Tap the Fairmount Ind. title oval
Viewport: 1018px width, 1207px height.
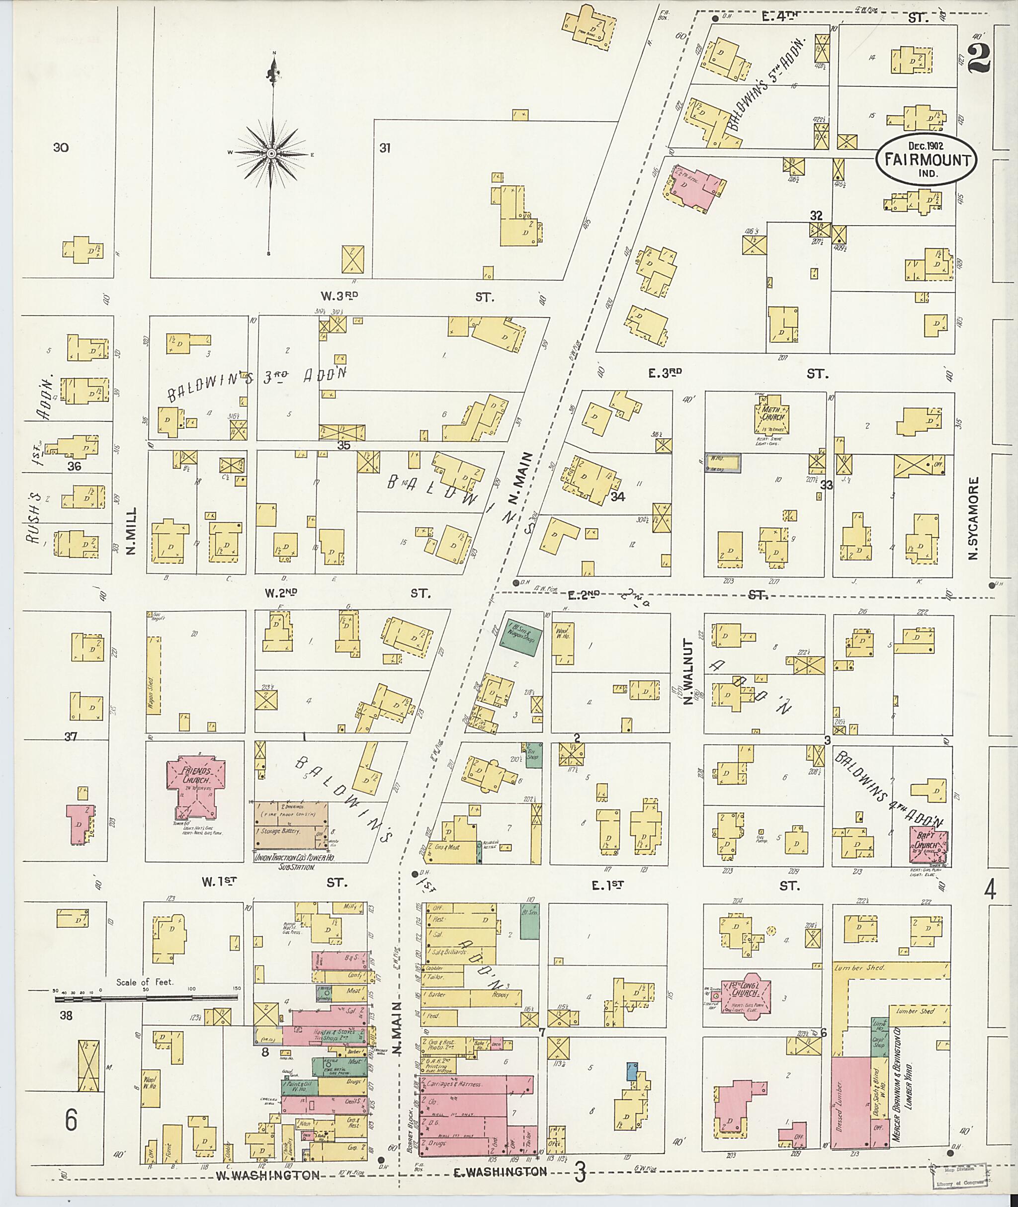tap(926, 160)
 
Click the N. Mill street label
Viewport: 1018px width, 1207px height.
tap(131, 530)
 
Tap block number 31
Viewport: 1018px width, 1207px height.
tap(385, 148)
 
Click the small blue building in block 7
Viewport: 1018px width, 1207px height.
tap(632, 1071)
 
